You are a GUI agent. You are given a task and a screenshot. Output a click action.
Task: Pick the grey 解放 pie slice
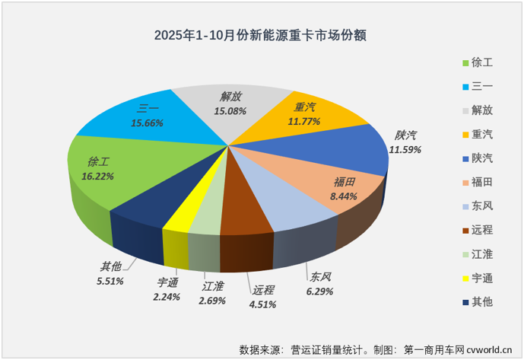click(x=228, y=107)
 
